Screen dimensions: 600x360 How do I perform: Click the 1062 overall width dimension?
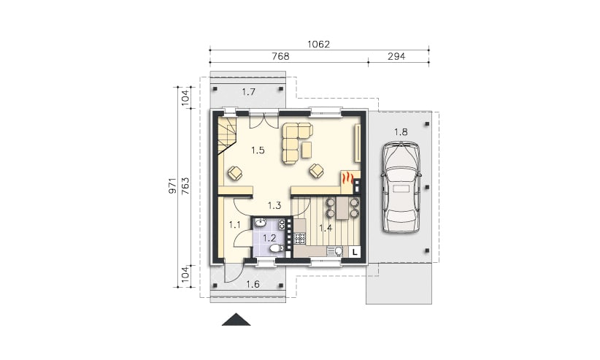pos(318,45)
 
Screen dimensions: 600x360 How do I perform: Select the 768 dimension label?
pos(280,56)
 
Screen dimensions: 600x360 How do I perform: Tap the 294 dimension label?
pos(396,56)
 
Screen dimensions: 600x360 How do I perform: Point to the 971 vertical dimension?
pos(173,185)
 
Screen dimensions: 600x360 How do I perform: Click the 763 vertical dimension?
pos(185,185)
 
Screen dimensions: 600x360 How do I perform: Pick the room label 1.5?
pos(258,150)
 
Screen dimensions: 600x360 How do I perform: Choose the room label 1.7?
pos(249,92)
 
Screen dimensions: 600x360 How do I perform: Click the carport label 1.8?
pos(401,132)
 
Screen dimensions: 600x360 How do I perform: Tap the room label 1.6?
pos(253,284)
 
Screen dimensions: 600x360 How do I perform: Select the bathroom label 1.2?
pos(269,238)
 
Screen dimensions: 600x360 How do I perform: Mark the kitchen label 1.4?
pos(326,229)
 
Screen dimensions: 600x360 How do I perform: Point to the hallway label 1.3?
pos(274,206)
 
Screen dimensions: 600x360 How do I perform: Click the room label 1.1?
pos(234,225)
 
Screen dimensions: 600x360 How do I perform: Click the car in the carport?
pos(401,186)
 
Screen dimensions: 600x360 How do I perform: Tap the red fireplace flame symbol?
pos(347,178)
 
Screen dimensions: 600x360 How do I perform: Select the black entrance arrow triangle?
pos(236,319)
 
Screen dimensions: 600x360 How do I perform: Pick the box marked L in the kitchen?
pos(355,252)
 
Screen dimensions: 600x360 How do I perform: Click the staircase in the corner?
pos(228,136)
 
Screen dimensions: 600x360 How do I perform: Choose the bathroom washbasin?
pos(261,223)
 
